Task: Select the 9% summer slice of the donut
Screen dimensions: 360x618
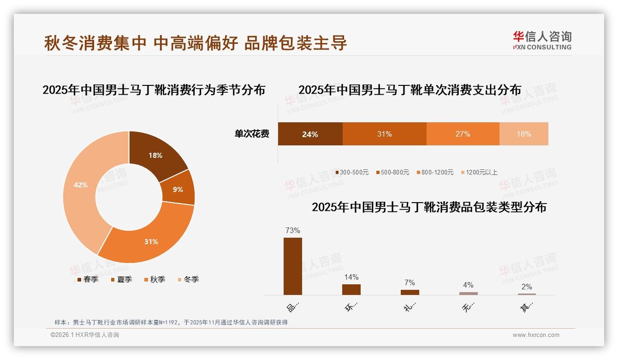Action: click(x=178, y=189)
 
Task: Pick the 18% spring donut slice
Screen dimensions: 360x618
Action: click(x=155, y=155)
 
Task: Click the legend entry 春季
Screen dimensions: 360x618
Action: click(x=88, y=279)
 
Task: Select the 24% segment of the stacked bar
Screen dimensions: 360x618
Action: click(x=310, y=134)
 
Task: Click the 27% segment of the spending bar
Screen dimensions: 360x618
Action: click(x=463, y=134)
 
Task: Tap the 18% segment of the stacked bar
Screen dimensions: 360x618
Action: click(x=523, y=134)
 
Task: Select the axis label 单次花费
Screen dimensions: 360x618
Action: click(x=252, y=134)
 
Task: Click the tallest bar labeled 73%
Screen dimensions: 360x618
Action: click(x=293, y=266)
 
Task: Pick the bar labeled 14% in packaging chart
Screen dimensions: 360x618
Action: click(x=351, y=289)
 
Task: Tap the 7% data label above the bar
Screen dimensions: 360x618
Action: click(x=410, y=282)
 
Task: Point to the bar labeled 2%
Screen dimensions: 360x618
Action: click(x=527, y=294)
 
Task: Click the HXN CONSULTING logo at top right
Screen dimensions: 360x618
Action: click(x=542, y=41)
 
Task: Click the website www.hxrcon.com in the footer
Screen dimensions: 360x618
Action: click(x=536, y=335)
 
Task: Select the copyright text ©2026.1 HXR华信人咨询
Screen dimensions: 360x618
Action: click(x=85, y=335)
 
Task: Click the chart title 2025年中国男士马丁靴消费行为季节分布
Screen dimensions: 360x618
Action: click(x=154, y=90)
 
